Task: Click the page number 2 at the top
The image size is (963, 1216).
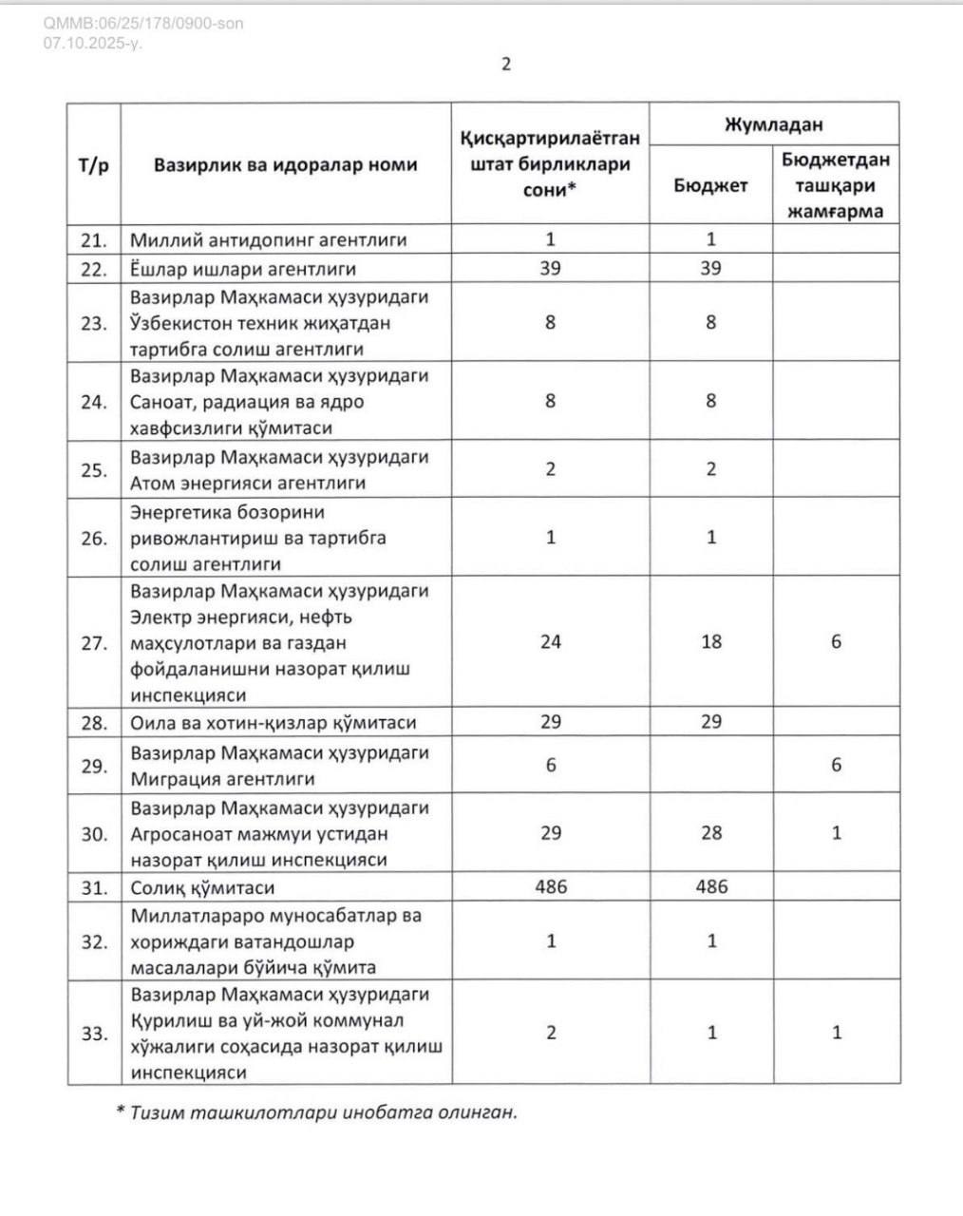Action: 506,64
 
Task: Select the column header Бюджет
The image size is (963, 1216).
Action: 710,185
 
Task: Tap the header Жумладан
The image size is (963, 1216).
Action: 773,124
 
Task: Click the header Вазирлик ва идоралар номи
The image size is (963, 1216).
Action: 285,164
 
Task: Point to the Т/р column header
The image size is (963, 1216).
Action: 93,164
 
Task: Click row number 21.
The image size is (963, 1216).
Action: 93,240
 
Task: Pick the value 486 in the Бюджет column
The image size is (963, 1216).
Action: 711,886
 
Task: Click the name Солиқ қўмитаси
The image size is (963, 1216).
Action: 202,888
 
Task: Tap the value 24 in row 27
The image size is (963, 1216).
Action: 551,642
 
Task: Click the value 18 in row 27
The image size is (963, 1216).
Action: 711,642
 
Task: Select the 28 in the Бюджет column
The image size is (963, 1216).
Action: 711,833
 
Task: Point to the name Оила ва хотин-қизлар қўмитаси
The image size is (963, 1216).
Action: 274,723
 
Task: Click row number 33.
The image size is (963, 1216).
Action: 93,1034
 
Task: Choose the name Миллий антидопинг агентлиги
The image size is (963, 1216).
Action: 268,240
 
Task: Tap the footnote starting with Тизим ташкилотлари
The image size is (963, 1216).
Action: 317,1111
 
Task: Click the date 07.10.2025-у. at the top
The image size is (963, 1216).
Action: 93,43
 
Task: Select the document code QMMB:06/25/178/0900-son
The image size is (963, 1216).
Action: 143,24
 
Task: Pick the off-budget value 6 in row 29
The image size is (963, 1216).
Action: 836,765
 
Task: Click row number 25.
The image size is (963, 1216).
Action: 93,469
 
